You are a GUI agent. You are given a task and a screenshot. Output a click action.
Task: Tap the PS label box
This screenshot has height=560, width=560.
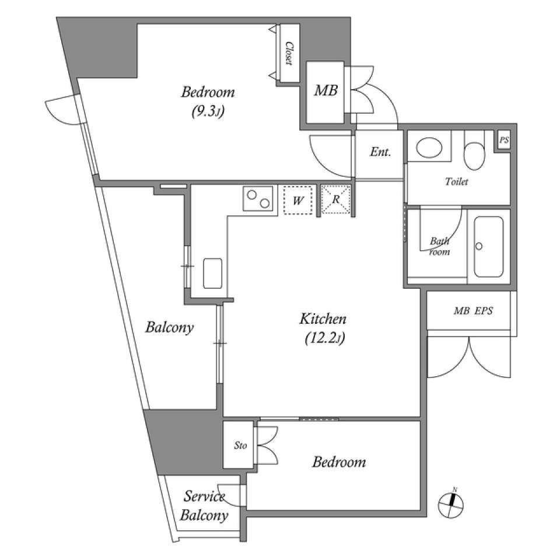503,141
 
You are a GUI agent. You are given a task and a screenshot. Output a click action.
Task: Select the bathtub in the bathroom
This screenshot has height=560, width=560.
488,247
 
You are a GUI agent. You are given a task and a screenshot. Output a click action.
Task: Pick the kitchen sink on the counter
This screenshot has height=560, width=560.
212,272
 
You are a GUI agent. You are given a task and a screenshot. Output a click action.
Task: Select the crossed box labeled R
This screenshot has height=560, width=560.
337,200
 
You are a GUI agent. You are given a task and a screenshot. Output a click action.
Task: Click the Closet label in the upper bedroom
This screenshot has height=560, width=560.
288,54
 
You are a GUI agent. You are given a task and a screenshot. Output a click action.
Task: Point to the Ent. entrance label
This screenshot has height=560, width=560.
380,152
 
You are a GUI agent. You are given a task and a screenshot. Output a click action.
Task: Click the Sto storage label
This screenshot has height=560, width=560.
240,446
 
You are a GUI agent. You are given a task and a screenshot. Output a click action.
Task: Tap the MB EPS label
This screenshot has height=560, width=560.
473,311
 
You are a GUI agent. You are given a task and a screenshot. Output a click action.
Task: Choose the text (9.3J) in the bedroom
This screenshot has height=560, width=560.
208,113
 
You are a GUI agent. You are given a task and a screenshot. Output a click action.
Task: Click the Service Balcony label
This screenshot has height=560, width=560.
204,506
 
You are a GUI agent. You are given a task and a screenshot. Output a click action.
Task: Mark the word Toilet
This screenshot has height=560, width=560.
457,181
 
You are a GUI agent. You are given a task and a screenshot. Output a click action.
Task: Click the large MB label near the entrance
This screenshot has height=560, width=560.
325,91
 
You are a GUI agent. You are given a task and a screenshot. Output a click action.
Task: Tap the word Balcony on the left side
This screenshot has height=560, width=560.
169,327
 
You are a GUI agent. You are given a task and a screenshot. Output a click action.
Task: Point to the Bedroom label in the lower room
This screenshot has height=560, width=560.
339,462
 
